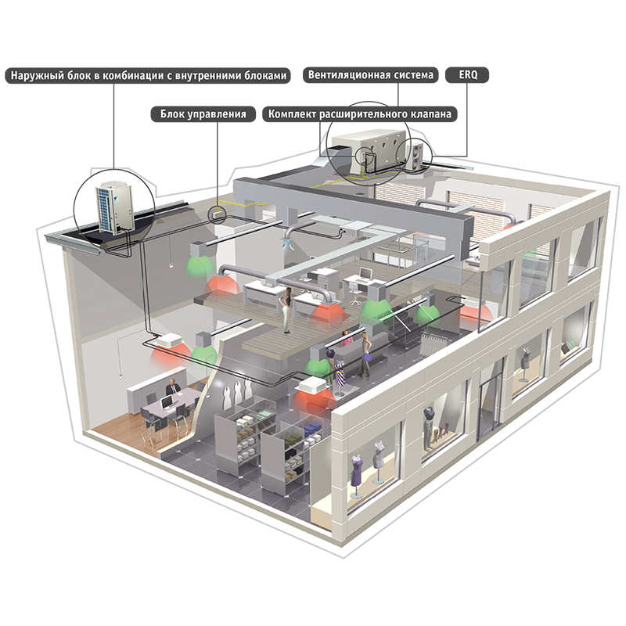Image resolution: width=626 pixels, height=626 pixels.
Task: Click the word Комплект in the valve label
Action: coord(293,114)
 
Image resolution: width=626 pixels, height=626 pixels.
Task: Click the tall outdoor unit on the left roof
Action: coord(112,208)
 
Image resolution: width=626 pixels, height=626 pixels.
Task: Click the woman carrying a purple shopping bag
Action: coord(365,352)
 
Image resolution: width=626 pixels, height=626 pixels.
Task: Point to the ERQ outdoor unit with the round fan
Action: coord(414,153)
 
